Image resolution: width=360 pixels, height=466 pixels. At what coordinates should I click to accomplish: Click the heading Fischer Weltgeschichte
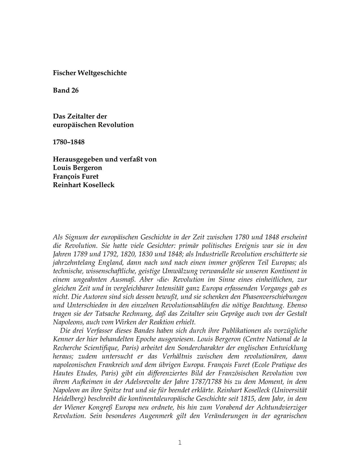[x=90, y=73]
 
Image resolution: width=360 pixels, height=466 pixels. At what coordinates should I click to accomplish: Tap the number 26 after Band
[x=75, y=90]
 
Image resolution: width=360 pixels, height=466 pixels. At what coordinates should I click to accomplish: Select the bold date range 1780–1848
[x=69, y=142]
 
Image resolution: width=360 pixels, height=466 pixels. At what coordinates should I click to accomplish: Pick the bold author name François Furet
[x=76, y=176]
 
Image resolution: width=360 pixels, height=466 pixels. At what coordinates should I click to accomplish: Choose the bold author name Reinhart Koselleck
[x=84, y=185]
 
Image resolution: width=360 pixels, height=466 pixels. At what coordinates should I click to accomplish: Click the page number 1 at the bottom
[x=180, y=442]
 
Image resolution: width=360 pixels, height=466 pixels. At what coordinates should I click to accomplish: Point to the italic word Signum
[x=76, y=237]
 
